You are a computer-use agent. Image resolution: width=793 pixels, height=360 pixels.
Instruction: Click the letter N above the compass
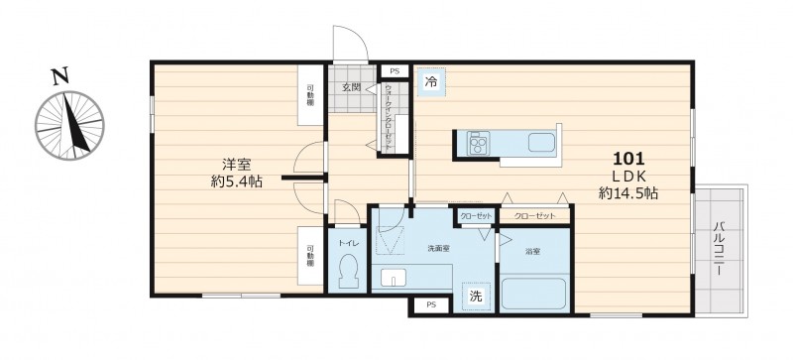click(x=60, y=74)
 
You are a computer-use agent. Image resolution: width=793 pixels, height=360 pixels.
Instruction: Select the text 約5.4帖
click(x=235, y=184)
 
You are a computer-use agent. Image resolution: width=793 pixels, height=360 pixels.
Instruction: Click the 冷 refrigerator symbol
click(x=431, y=81)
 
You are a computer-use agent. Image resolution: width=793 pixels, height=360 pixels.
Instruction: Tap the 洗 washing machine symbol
click(x=476, y=296)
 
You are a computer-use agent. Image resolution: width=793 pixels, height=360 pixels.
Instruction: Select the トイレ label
click(x=347, y=243)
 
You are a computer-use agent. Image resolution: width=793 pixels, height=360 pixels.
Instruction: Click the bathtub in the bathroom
click(x=533, y=294)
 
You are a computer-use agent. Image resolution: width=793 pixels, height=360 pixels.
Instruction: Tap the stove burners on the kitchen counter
click(x=476, y=145)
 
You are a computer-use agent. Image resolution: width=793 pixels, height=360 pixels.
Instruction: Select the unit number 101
click(x=630, y=159)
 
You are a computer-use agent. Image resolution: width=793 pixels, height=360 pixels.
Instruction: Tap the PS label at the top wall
click(x=395, y=71)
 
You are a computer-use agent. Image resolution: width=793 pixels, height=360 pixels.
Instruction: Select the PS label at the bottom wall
click(x=430, y=306)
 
